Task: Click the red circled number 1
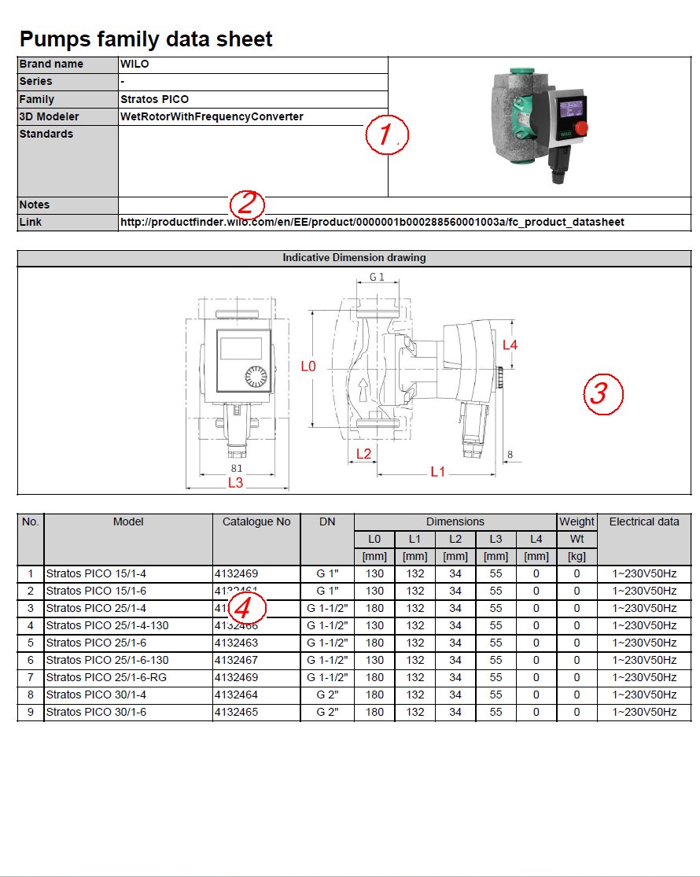pyautogui.click(x=386, y=135)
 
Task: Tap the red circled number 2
pyautogui.click(x=247, y=205)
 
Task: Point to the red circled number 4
pyautogui.click(x=247, y=608)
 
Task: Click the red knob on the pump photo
pyautogui.click(x=583, y=128)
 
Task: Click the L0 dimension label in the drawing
pyautogui.click(x=309, y=367)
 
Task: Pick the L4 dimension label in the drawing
pyautogui.click(x=510, y=345)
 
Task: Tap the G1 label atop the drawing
pyautogui.click(x=377, y=277)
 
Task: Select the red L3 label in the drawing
pyautogui.click(x=235, y=483)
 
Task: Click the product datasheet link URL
pyautogui.click(x=372, y=223)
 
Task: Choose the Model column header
pyautogui.click(x=128, y=521)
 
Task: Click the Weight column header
pyautogui.click(x=577, y=521)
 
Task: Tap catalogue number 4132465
pyautogui.click(x=236, y=712)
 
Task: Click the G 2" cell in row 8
pyautogui.click(x=326, y=695)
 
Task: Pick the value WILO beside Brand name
pyautogui.click(x=134, y=64)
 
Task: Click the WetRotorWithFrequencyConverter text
pyautogui.click(x=212, y=116)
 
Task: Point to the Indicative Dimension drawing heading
pyautogui.click(x=354, y=257)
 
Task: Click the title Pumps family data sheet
pyautogui.click(x=146, y=39)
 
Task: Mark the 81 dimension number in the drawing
pyautogui.click(x=236, y=469)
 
